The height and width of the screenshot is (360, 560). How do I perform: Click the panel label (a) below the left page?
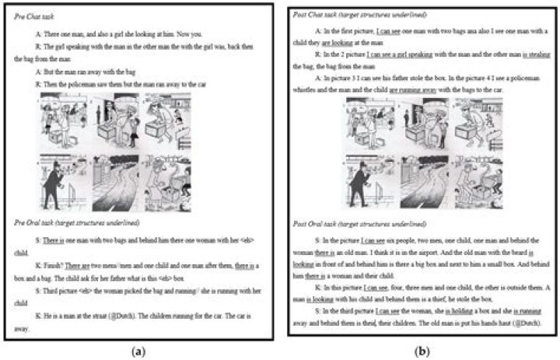click(x=138, y=351)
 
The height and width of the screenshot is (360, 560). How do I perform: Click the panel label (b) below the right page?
click(x=422, y=351)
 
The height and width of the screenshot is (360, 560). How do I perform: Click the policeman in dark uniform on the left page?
click(x=52, y=186)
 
